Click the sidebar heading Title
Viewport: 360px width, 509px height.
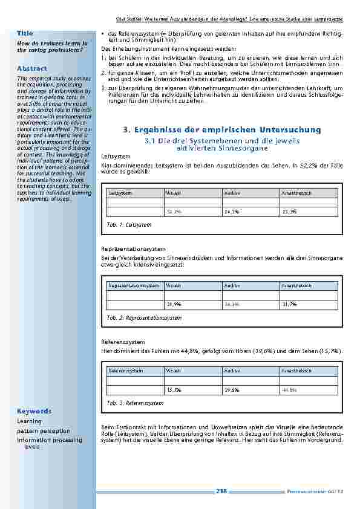coord(25,33)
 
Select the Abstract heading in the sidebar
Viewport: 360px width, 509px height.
coord(32,68)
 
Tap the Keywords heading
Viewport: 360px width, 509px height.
coord(34,411)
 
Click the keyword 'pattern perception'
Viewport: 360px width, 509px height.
coord(44,431)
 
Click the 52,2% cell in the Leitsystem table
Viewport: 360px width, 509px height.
coord(174,212)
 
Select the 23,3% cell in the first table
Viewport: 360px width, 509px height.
coord(289,212)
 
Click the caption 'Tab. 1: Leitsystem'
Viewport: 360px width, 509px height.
coord(129,224)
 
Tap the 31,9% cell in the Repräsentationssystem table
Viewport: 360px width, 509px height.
coord(174,304)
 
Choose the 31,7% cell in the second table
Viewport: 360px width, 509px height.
coord(289,304)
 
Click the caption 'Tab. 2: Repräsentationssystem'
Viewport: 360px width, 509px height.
coord(144,317)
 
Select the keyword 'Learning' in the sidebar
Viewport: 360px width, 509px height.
coord(29,421)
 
